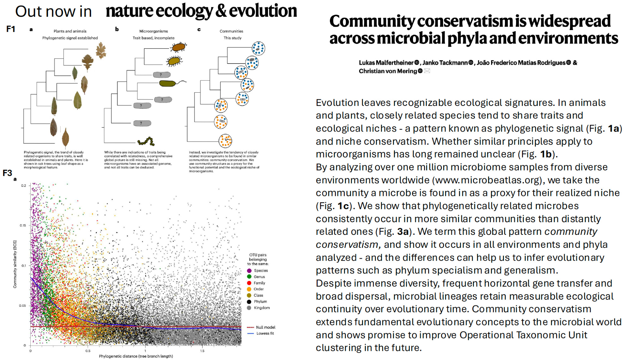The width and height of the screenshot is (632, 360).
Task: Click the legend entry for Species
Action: [260, 271]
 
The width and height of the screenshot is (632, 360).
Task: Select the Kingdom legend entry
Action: [261, 308]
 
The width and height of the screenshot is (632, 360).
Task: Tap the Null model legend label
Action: [265, 327]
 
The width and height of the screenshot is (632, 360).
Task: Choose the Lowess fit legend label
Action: [265, 333]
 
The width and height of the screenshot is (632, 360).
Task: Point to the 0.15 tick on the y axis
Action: [23, 225]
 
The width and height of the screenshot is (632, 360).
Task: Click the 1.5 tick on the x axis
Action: [202, 351]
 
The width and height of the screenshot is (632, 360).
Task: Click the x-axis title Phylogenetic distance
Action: [136, 356]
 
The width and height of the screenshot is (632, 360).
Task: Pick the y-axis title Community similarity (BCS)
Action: [15, 264]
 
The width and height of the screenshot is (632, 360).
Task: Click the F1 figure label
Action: [11, 29]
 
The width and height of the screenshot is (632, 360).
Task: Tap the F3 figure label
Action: [7, 173]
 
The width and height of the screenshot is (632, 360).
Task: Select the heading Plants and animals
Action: [70, 31]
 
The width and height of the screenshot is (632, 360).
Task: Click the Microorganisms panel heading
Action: [154, 31]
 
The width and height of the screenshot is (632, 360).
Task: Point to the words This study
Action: [232, 38]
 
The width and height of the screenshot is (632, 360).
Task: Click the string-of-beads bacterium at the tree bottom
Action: [146, 141]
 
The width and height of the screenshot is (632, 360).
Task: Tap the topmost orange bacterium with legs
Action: [179, 47]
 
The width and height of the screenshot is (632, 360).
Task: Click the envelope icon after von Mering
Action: [427, 71]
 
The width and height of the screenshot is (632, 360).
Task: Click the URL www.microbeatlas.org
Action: [487, 180]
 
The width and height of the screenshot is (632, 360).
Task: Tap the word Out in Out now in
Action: [28, 12]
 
